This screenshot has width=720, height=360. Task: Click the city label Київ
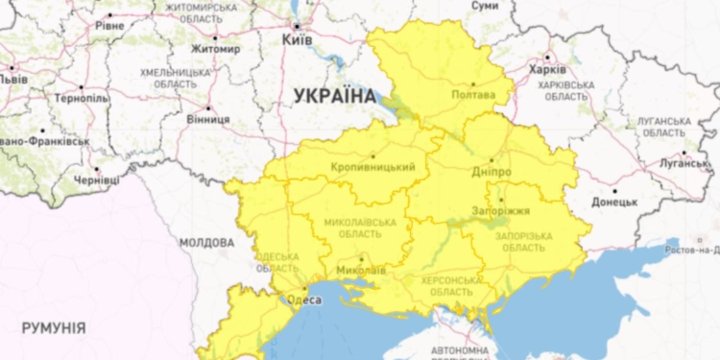(x=298, y=40)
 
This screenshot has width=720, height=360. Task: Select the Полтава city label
(x=473, y=95)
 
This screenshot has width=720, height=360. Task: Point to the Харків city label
(x=548, y=69)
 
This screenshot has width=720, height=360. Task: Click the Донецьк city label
(x=614, y=203)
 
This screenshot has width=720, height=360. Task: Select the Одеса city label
(x=305, y=300)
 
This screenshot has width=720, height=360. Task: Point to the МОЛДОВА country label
(x=206, y=242)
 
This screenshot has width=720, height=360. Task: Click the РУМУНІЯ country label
(x=53, y=328)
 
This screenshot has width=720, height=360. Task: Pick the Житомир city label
(x=216, y=49)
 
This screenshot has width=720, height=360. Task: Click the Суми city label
(x=485, y=6)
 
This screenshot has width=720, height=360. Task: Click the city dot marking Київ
(x=298, y=26)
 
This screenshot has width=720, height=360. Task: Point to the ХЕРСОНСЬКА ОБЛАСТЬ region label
(x=446, y=285)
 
